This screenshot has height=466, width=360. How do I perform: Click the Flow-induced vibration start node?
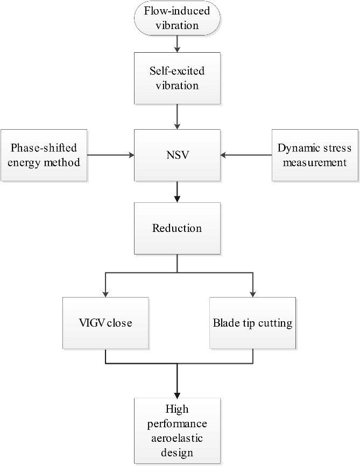[x=177, y=19]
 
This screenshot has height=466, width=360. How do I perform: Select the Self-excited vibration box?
[x=177, y=78]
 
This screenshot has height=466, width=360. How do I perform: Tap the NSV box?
[x=177, y=155]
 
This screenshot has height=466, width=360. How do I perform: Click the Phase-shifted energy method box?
[x=45, y=155]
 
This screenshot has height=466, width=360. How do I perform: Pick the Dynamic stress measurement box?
[x=315, y=155]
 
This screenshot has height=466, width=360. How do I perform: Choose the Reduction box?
[x=177, y=228]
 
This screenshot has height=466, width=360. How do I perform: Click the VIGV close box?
[x=105, y=323]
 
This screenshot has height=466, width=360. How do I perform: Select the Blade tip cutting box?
[x=252, y=323]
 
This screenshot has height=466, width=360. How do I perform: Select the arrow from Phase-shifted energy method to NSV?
[x=110, y=155]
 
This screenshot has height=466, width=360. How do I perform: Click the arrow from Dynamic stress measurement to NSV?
[x=245, y=155]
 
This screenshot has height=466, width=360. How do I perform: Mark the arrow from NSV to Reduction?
[x=177, y=191]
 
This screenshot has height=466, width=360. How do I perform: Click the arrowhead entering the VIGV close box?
[x=105, y=294]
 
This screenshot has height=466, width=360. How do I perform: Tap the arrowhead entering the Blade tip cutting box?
[x=252, y=294]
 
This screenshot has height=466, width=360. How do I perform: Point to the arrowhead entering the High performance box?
[x=177, y=394]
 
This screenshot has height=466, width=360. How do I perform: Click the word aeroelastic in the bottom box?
[x=177, y=440]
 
